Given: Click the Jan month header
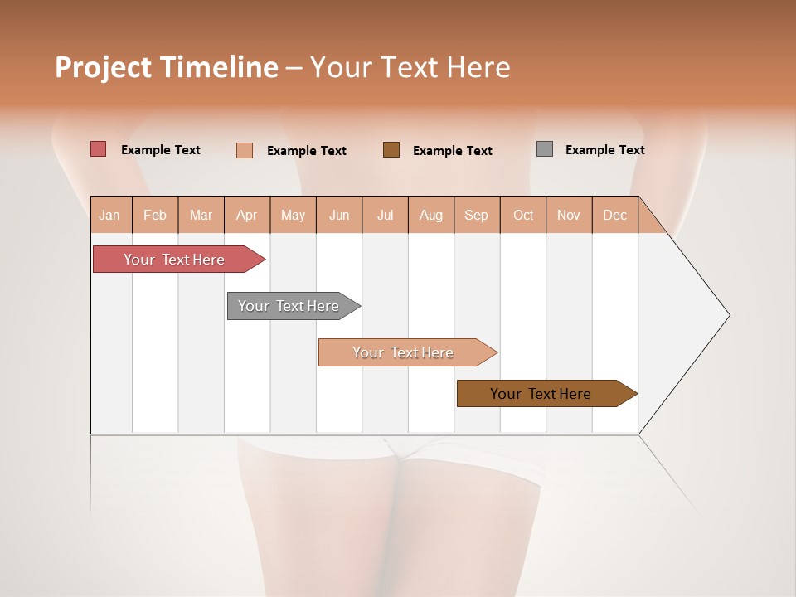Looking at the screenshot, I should tap(109, 215).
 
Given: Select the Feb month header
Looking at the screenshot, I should tap(155, 215).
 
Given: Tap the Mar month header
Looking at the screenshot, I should tap(201, 215).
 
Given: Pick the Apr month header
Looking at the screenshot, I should tap(247, 215).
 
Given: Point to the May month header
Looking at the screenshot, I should tap(293, 215).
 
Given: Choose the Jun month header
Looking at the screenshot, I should tap(339, 215).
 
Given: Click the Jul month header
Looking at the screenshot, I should tap(386, 215).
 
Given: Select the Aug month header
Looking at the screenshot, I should tap(431, 215).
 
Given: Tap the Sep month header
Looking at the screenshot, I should tap(477, 215).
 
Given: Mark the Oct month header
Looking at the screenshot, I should tap(523, 215).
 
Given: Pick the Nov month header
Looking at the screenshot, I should tap(569, 215).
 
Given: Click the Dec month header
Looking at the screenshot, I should tap(615, 215).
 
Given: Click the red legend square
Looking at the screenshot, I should tap(99, 149).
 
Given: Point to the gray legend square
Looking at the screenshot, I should tap(545, 149).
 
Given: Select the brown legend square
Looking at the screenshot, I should tap(391, 149).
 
